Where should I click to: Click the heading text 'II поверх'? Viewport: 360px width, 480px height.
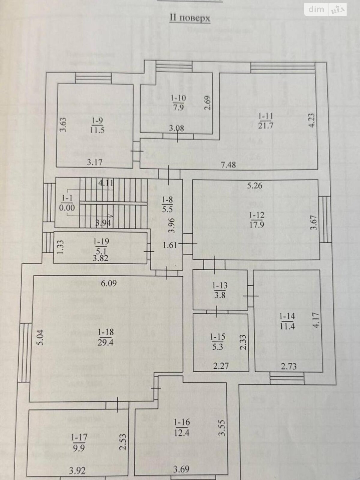coord(190,18)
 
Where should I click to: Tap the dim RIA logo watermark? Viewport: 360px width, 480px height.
coord(326,10)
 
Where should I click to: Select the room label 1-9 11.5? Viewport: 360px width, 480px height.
coord(97,125)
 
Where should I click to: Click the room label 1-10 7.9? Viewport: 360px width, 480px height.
coord(178,103)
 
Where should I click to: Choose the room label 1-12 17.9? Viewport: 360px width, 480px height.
coord(256,220)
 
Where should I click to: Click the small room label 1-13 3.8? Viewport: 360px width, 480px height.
coord(220,290)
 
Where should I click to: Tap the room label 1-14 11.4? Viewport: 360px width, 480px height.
coord(287,321)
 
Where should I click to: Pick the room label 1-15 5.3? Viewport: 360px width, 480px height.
coord(218,342)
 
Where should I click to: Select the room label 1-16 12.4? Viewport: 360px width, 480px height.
coord(182,427)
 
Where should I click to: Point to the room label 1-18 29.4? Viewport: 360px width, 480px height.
coord(105,337)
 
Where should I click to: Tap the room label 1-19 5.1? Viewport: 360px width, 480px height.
coord(101,246)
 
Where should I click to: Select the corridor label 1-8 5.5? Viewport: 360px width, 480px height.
coord(168,204)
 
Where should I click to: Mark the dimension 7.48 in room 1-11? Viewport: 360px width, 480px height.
coord(228,164)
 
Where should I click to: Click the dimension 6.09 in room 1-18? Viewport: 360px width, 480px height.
coord(109,283)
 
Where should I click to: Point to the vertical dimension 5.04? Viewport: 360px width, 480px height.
coord(41,337)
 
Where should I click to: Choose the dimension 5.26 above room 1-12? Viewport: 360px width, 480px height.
coord(254,186)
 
